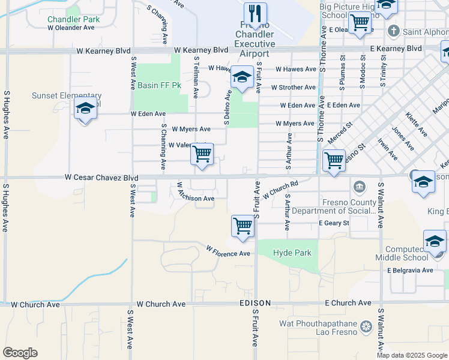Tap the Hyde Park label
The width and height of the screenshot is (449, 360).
292,253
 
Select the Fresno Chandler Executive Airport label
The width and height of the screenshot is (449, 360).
255,44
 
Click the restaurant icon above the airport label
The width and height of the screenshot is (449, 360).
255,14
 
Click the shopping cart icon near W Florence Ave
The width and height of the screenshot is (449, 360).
243,226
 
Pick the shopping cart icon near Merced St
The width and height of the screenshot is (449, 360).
334,160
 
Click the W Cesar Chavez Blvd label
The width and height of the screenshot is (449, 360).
101,178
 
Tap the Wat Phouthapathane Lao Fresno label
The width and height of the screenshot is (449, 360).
319,328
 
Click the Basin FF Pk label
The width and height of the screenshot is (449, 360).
159,85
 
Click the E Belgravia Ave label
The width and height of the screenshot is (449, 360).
410,270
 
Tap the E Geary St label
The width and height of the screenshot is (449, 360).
334,223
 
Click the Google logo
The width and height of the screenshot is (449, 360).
20,353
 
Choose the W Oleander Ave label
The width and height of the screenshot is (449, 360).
71,28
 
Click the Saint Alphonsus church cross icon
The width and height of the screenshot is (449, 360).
394,31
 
